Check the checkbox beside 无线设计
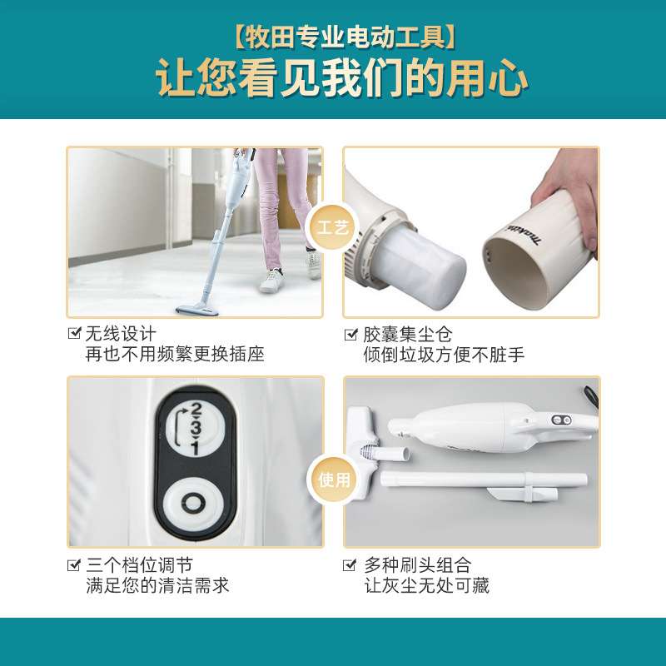74,335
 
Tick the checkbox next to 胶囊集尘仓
350,335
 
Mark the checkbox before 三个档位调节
74,565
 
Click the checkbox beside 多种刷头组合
350,565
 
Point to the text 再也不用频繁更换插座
175,355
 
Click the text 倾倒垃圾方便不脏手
444,355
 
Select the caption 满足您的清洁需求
157,585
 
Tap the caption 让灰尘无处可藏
426,585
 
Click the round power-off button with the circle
194,504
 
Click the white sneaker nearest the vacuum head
271,281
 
